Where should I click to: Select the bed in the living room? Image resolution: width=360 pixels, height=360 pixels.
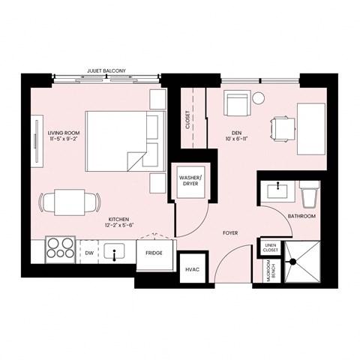[x=120, y=139]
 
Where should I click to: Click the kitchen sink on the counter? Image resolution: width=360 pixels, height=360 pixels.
[x=115, y=253]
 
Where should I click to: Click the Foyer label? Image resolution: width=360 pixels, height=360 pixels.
[x=230, y=233]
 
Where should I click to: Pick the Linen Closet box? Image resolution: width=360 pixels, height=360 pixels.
[x=268, y=247]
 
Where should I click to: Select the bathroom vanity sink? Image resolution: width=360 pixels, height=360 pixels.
[x=279, y=189]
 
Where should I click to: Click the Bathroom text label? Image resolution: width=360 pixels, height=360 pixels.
[x=301, y=216]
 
